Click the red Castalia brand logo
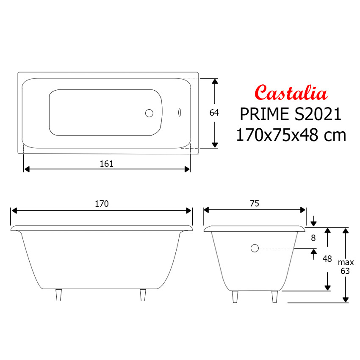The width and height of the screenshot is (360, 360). [x=291, y=92]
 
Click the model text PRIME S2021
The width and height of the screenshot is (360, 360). [x=291, y=114]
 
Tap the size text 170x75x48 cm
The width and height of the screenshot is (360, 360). [x=291, y=135]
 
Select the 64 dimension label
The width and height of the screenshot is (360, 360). [x=214, y=113]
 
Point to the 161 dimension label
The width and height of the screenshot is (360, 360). [x=107, y=163]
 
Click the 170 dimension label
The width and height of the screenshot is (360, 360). [x=102, y=204]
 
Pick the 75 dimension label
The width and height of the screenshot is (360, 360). [x=254, y=204]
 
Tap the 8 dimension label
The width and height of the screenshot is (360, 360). [x=313, y=238]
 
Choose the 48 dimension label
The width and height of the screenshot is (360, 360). [x=327, y=259]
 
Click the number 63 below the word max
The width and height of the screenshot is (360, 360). [x=345, y=271]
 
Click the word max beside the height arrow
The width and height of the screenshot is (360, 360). [x=346, y=263]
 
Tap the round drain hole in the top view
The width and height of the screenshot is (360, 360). [x=149, y=113]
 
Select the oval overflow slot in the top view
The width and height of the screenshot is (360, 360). [x=180, y=113]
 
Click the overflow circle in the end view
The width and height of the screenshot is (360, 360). [x=255, y=248]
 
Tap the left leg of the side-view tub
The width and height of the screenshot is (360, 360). [x=59, y=295]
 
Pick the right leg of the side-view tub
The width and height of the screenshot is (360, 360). [x=143, y=295]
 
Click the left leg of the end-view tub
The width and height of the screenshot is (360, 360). [x=235, y=297]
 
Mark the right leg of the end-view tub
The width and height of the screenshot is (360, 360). [x=274, y=297]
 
